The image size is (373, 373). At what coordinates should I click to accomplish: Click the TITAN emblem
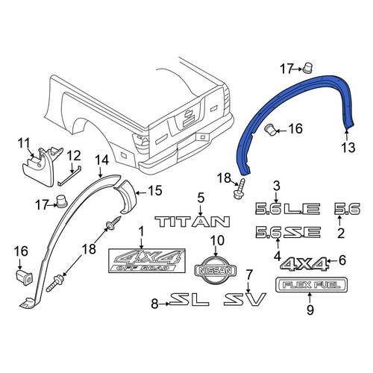point(192,222)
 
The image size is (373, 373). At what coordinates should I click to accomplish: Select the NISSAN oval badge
point(216,270)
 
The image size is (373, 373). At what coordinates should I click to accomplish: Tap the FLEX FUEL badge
point(311,285)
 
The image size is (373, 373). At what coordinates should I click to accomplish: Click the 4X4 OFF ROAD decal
point(147,260)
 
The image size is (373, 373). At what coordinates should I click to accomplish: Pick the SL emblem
point(189,299)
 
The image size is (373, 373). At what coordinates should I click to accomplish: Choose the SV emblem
point(245,299)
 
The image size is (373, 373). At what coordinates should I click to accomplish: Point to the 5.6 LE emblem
point(288,209)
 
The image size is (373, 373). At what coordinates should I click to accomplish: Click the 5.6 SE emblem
point(288,232)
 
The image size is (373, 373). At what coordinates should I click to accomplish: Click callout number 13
point(348,148)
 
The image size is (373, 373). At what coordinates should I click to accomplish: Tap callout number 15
point(155,190)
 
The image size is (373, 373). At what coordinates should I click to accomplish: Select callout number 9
point(310,310)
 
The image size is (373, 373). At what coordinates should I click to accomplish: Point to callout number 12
point(74,156)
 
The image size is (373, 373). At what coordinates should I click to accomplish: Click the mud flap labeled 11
point(41,166)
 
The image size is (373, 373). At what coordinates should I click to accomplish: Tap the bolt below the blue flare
point(239,189)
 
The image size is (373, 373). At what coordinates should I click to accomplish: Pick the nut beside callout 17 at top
point(307,68)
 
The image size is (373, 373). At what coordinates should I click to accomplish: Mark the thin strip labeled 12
point(69,176)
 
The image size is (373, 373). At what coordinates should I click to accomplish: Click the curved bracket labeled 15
point(125,196)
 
